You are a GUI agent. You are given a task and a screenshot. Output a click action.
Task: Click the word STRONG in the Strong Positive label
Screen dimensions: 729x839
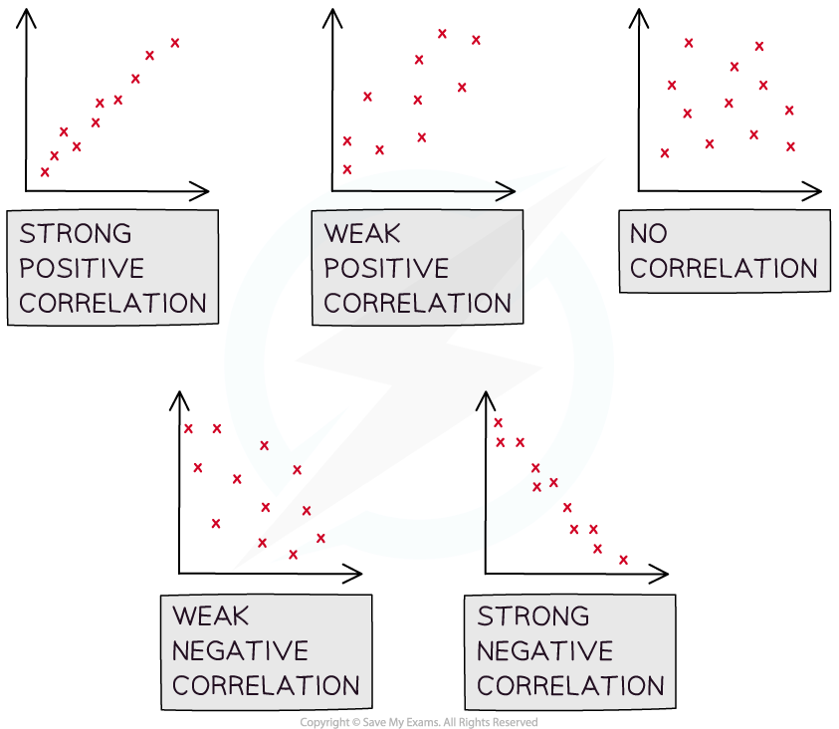76,234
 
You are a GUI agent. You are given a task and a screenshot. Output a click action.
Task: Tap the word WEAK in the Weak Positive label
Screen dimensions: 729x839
362,234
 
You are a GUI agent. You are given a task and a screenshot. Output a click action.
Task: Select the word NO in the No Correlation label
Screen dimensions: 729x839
649,234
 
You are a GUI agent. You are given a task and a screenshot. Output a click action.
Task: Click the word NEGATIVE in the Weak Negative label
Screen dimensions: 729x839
240,651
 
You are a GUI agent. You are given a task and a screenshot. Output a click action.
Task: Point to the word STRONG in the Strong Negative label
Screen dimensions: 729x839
533,616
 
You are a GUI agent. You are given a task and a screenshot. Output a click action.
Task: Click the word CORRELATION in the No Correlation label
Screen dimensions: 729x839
724,269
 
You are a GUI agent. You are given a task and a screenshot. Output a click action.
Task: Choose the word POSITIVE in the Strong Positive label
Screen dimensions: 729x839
82,269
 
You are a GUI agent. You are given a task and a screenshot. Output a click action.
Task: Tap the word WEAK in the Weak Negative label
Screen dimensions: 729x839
211,616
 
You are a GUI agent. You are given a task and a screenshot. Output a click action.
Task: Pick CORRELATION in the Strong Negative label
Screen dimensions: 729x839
570,686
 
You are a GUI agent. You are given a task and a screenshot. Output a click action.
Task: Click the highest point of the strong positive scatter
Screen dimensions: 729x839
175,43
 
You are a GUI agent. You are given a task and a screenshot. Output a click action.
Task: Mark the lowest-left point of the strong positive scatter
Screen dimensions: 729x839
45,172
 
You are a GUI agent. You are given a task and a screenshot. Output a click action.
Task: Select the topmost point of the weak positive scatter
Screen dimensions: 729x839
442,34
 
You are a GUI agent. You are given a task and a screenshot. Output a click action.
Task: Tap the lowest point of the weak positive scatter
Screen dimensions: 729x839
347,169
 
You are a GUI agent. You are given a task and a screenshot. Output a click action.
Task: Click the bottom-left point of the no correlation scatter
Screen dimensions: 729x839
665,153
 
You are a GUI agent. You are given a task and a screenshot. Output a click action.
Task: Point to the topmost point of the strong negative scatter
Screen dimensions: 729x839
498,422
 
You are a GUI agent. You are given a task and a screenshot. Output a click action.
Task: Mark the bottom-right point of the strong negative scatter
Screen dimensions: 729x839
623,560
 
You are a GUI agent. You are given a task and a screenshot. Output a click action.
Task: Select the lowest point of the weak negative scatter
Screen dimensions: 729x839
293,555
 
